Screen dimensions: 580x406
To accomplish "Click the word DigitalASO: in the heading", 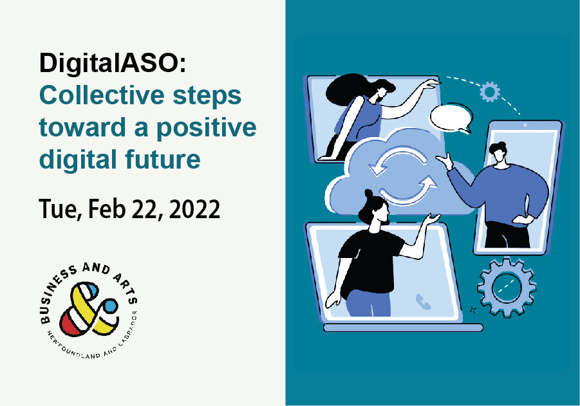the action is (113, 63).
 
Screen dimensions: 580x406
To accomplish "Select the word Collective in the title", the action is (102, 95).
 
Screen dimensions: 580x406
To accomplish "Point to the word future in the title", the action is (163, 160).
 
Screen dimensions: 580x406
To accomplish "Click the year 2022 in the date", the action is (194, 209).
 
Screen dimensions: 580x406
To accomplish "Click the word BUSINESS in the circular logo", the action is (56, 295).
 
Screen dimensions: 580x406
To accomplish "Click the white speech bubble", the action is (451, 118).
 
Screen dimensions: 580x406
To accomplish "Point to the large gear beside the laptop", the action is (507, 288).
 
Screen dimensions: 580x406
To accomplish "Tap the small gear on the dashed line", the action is (490, 92).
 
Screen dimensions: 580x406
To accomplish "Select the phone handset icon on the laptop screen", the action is (423, 301).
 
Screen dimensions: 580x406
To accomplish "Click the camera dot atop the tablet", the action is (525, 125).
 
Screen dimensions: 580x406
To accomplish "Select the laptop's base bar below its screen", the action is (403, 328).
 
